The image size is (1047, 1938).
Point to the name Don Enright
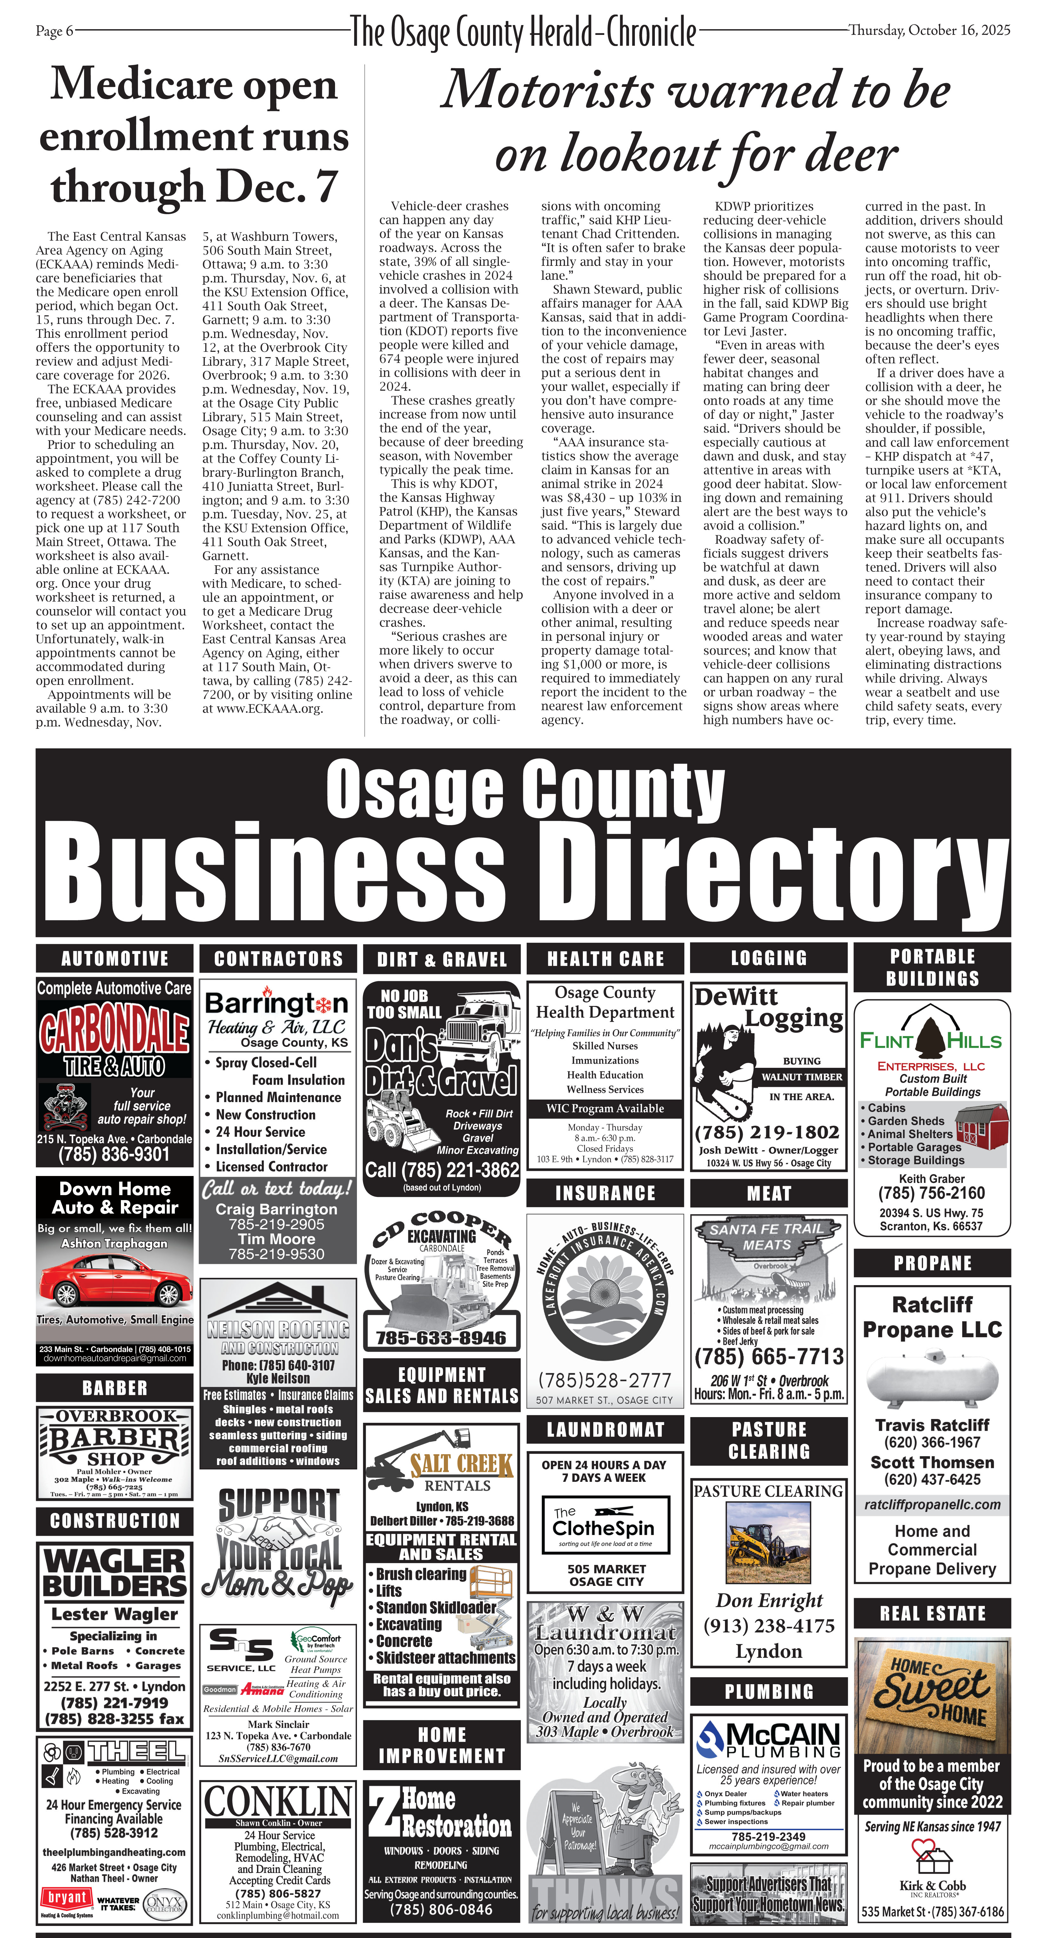(769, 1600)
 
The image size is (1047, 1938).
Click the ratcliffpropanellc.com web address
(932, 1504)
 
